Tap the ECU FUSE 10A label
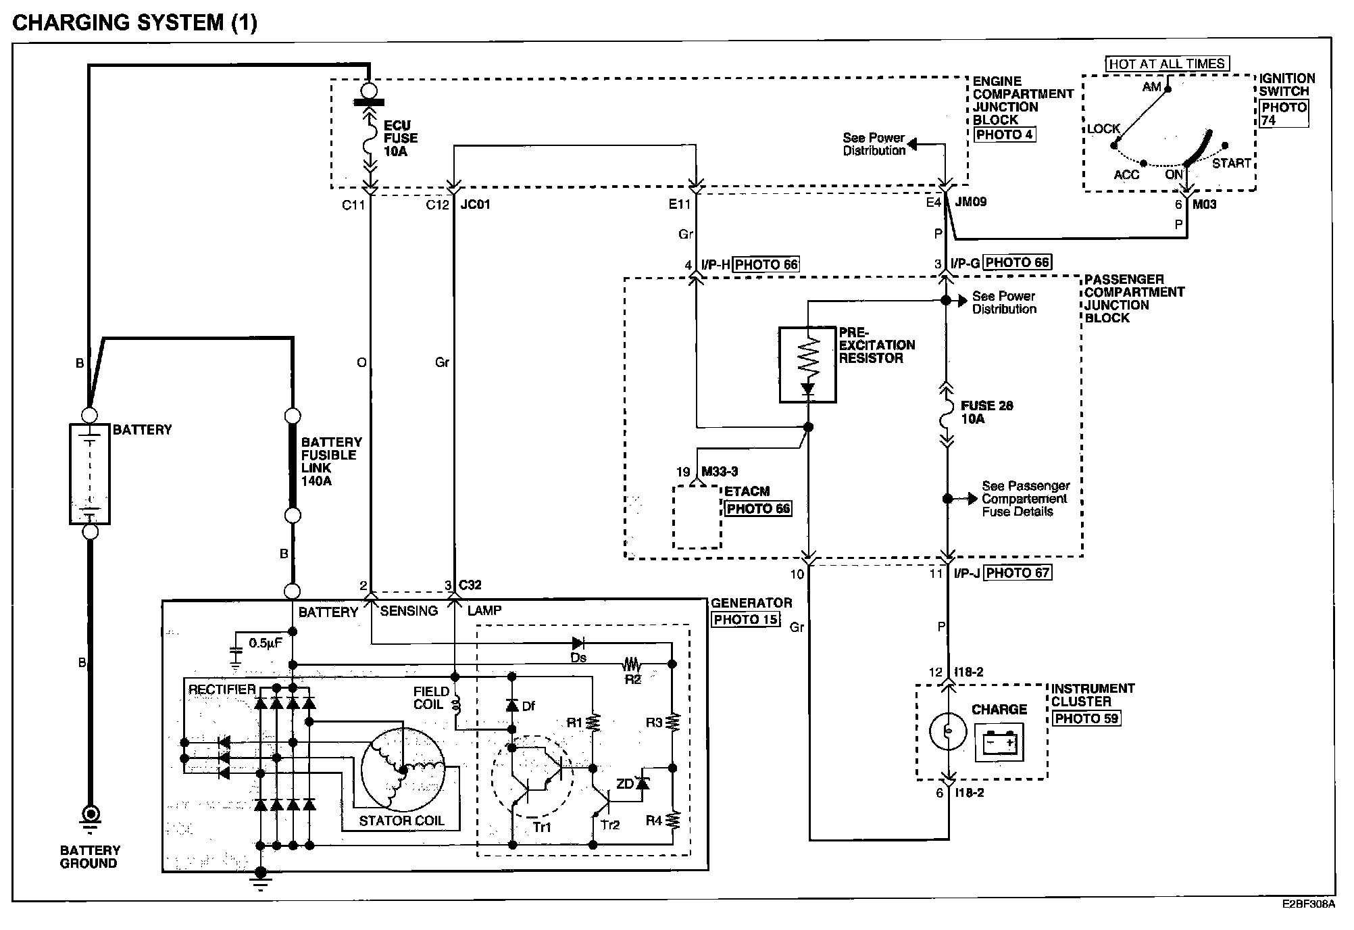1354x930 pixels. click(x=401, y=138)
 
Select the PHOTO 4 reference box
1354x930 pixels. click(x=1004, y=134)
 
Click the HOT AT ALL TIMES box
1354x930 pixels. click(x=1167, y=64)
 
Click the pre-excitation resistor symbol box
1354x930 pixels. click(x=807, y=365)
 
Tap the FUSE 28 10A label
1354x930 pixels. click(x=986, y=412)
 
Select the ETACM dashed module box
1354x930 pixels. click(x=697, y=517)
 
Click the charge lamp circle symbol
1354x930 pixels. click(x=948, y=732)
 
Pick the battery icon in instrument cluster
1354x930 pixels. click(x=999, y=742)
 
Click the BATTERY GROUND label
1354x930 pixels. click(x=90, y=856)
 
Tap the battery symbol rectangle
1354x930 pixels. click(x=90, y=474)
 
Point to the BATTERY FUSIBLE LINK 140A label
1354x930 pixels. click(x=331, y=461)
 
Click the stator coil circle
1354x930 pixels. click(x=402, y=769)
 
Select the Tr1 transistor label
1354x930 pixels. click(x=542, y=827)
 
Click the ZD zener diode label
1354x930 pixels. click(x=625, y=784)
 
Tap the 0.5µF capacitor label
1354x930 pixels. click(x=266, y=643)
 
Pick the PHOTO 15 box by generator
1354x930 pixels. click(x=745, y=619)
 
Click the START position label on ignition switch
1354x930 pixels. click(x=1231, y=163)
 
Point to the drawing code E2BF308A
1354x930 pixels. click(x=1308, y=904)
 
